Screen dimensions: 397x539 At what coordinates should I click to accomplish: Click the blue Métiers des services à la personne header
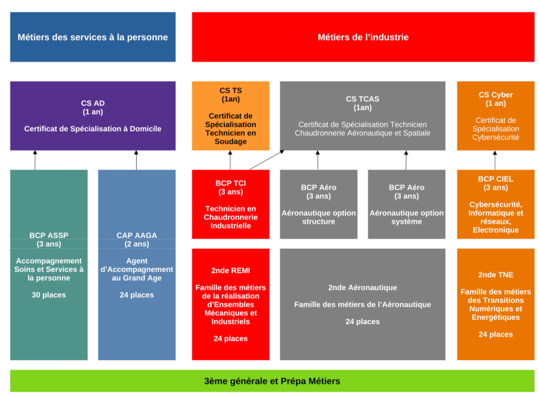click(93, 37)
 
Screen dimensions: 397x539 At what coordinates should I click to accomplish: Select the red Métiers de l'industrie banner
click(363, 37)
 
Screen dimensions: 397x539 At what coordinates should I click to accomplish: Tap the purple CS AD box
click(93, 116)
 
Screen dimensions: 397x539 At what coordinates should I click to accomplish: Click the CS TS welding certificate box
click(231, 116)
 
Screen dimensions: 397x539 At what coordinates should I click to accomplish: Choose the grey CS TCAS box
click(363, 116)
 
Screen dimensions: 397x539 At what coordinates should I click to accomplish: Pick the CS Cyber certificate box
click(495, 116)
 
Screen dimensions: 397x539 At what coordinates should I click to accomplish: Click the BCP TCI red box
click(231, 204)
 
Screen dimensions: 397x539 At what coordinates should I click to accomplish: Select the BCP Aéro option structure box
click(319, 204)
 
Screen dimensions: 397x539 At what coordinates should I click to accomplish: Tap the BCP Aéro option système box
click(407, 204)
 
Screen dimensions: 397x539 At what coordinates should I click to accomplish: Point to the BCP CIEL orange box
click(495, 204)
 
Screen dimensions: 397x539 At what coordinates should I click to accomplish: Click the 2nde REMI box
click(231, 304)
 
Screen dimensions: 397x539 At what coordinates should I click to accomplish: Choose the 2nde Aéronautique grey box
click(363, 304)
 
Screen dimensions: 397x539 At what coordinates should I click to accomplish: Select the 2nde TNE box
click(495, 304)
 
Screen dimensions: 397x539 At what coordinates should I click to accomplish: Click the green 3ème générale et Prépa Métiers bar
click(272, 381)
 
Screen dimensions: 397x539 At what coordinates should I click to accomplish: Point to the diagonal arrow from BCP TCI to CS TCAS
click(266, 160)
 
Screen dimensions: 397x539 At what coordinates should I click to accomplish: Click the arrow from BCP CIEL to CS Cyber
click(495, 160)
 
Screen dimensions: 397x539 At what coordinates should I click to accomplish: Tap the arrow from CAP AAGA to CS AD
click(136, 160)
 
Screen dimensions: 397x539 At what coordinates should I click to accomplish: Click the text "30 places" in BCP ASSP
click(49, 295)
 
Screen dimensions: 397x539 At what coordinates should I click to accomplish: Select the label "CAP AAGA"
click(137, 235)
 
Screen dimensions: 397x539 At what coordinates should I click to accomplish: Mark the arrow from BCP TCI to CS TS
click(230, 160)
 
